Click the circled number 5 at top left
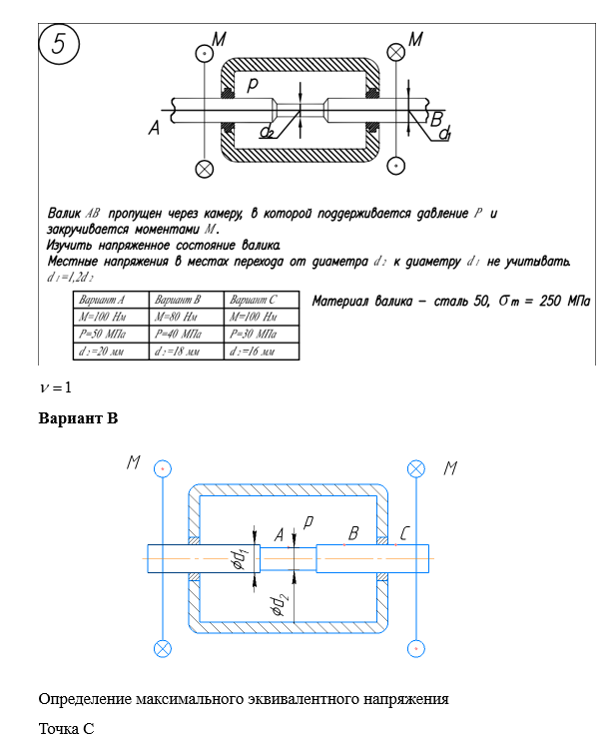pyautogui.click(x=60, y=44)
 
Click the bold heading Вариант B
pyautogui.click(x=78, y=418)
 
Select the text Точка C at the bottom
pyautogui.click(x=66, y=729)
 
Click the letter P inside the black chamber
pyautogui.click(x=255, y=87)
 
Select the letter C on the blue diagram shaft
pyautogui.click(x=403, y=535)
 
